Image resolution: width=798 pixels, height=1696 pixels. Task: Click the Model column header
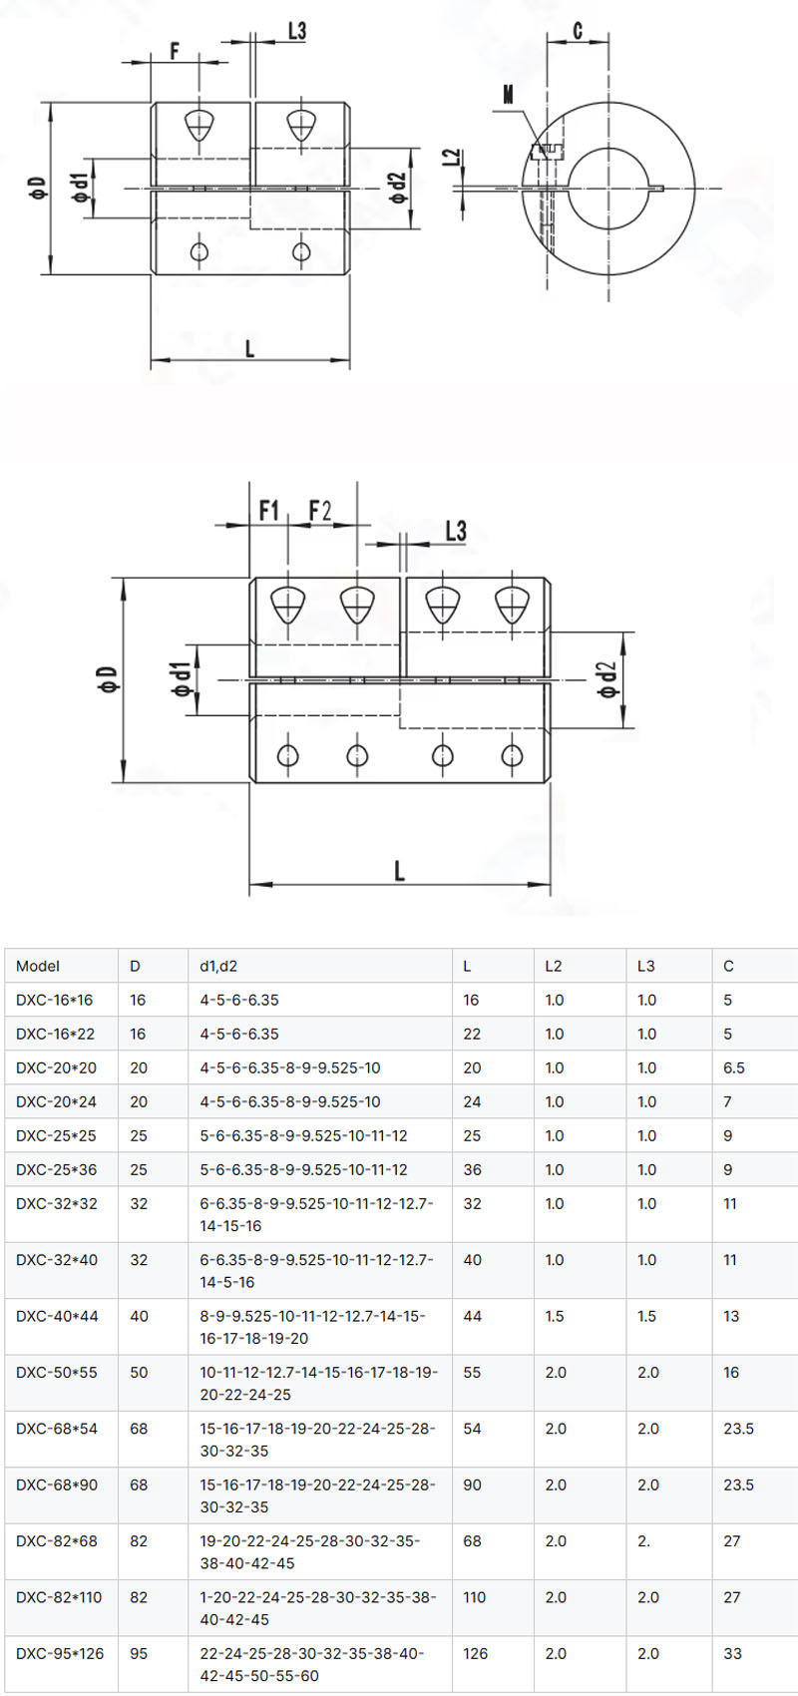[38, 966]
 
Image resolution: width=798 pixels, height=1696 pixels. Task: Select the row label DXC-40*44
[57, 1316]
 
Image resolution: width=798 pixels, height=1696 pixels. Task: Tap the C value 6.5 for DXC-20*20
[734, 1067]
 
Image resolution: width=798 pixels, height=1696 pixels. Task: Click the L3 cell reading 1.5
[646, 1316]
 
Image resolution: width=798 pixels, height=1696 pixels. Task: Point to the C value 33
[733, 1653]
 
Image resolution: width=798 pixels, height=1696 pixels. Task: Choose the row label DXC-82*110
[59, 1597]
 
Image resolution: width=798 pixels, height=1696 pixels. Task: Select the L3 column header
[646, 966]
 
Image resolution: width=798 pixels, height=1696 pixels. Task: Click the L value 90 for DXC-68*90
[473, 1484]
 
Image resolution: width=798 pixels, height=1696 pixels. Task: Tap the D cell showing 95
[139, 1653]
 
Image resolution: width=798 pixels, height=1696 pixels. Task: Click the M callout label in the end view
[508, 95]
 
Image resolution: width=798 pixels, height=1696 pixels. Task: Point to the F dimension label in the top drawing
[175, 50]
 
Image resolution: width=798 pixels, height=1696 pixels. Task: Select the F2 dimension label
[320, 511]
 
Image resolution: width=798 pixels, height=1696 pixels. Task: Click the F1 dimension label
[268, 511]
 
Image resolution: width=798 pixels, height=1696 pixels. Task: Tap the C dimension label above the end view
[578, 32]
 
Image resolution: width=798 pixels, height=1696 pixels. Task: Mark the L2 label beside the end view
[452, 158]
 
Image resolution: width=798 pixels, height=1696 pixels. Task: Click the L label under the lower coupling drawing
[399, 871]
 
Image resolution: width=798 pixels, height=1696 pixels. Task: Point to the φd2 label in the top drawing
[397, 188]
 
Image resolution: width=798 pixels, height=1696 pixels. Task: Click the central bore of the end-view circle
[608, 187]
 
